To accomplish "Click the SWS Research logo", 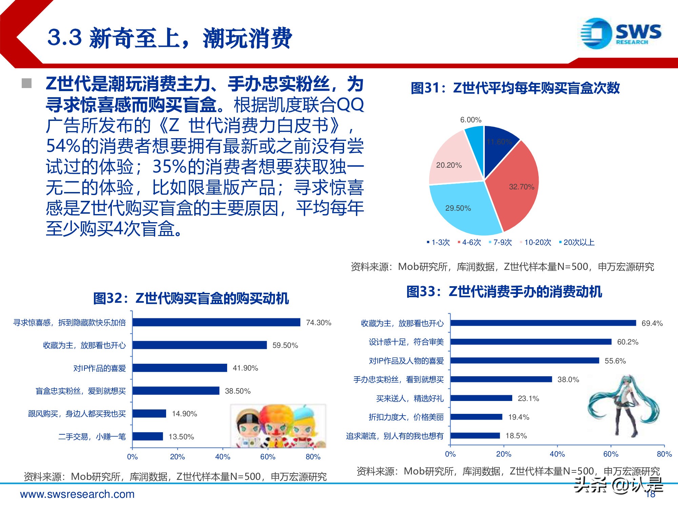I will point(620,34).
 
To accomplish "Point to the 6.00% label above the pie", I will point(471,120).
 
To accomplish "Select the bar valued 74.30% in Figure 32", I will point(216,322).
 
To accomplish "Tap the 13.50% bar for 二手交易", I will point(148,436).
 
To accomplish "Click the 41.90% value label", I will point(245,368).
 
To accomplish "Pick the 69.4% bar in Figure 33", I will point(543,323).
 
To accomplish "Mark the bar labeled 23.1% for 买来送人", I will point(481,398).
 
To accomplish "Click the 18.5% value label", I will point(516,436).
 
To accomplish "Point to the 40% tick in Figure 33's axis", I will point(557,454).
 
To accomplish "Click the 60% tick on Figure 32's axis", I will point(267,457).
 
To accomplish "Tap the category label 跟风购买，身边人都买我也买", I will point(77,414).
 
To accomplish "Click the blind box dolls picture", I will point(278,426).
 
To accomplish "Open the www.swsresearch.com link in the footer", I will point(77,494).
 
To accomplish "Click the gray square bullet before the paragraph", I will point(26,83).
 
